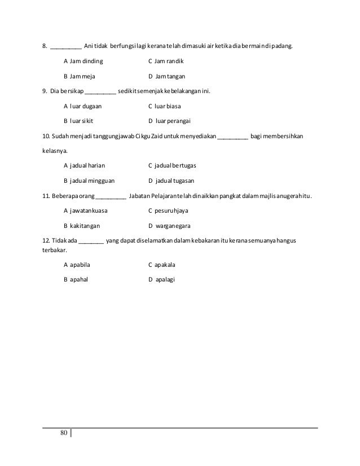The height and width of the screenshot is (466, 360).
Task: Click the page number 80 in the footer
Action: (63, 433)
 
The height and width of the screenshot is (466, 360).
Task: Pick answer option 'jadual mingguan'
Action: (93, 181)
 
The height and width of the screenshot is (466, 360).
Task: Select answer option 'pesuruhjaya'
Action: (172, 211)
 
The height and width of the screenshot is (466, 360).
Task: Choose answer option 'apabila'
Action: (80, 263)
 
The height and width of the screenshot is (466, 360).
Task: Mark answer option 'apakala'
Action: (165, 263)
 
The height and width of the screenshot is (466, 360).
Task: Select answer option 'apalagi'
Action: (165, 279)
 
